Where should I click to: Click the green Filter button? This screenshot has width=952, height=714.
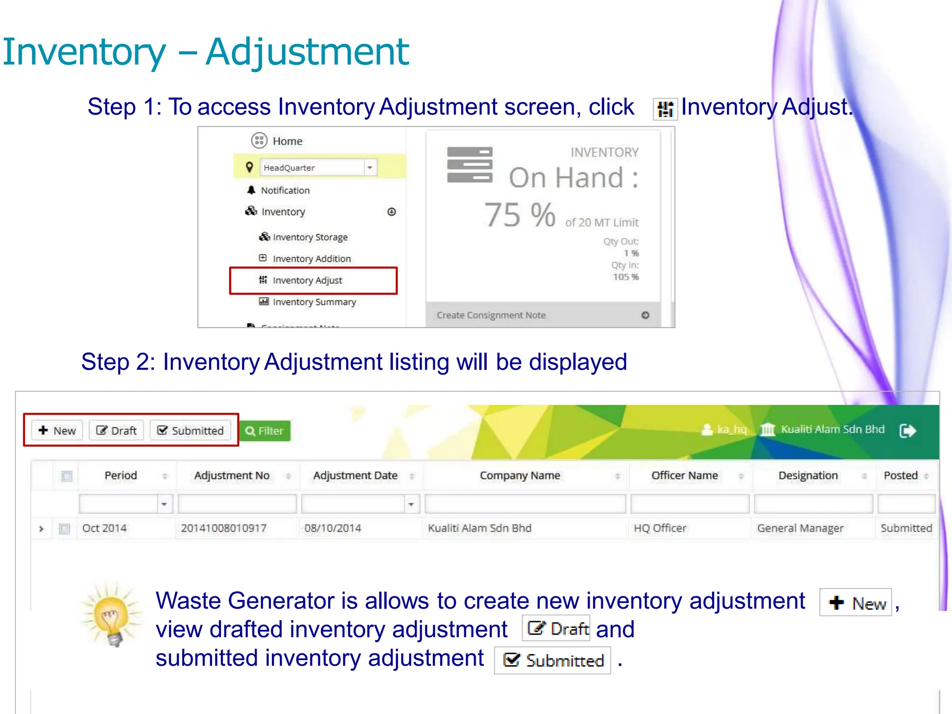click(x=264, y=431)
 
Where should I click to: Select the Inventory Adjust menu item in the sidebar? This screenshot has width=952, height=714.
click(x=307, y=280)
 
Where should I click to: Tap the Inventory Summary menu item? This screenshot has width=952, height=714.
click(x=314, y=302)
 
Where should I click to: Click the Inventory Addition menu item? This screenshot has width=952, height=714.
click(x=311, y=258)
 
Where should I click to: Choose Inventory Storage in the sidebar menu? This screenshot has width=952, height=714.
click(x=310, y=237)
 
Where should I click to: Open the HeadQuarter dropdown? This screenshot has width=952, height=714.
click(x=318, y=167)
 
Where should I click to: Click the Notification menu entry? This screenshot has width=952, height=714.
click(x=285, y=190)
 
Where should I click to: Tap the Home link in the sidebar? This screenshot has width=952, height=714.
click(x=287, y=141)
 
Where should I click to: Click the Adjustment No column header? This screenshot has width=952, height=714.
click(x=231, y=476)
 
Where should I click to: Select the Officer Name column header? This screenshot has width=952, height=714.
click(x=684, y=476)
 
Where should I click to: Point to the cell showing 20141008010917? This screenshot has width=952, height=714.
click(x=224, y=528)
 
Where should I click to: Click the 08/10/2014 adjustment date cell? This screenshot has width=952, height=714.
click(x=333, y=528)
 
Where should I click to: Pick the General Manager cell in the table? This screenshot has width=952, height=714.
click(x=800, y=528)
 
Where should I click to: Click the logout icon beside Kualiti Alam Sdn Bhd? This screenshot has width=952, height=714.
click(x=907, y=430)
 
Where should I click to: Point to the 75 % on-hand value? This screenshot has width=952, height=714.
click(x=519, y=215)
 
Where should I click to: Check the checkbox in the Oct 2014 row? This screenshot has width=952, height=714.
click(x=65, y=529)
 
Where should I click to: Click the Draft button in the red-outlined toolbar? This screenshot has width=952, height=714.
click(x=117, y=430)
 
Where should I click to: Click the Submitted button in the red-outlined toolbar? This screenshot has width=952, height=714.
click(x=191, y=430)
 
